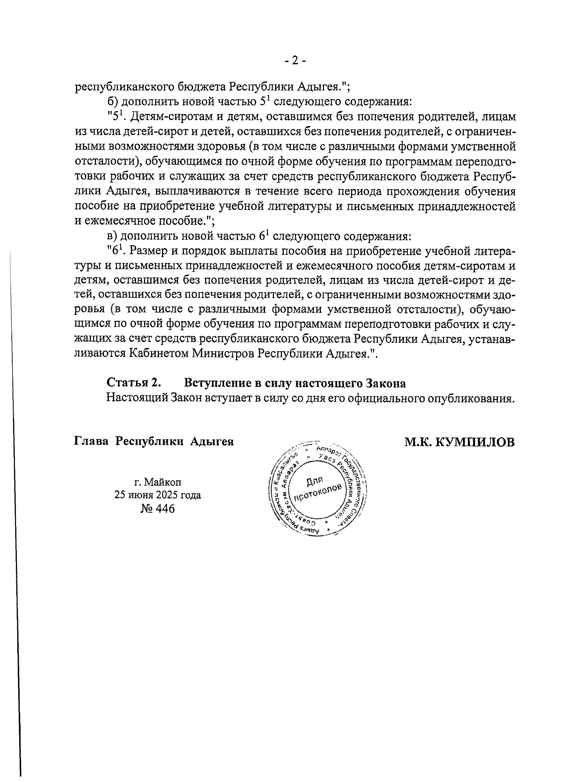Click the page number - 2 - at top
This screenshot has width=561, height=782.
[x=295, y=61]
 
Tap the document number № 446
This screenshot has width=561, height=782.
[x=158, y=508]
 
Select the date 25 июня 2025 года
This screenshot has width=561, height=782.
[x=158, y=495]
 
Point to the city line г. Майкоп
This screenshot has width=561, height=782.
[x=158, y=482]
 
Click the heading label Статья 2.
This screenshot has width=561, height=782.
[x=134, y=384]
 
